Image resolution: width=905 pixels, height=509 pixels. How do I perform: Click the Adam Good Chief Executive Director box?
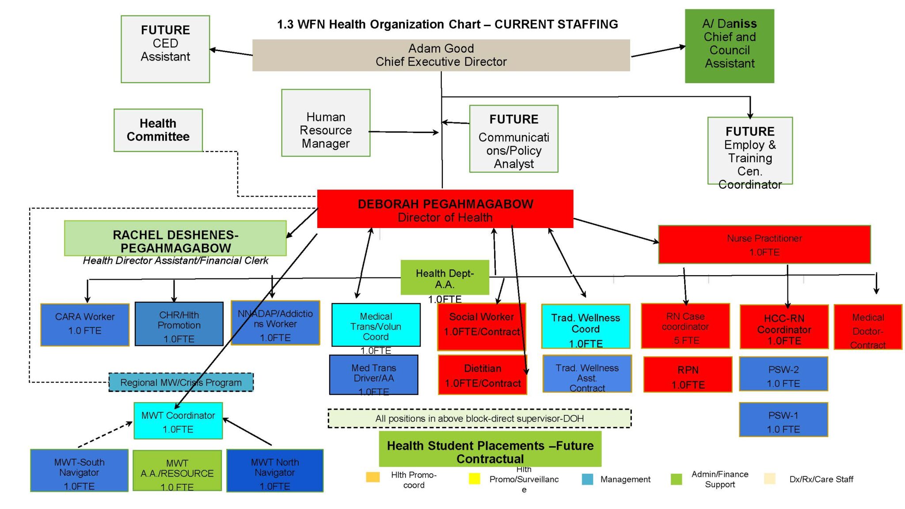click(x=441, y=55)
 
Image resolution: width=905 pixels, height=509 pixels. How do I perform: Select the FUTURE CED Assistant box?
click(x=165, y=49)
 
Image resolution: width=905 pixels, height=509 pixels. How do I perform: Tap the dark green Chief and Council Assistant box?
click(x=729, y=46)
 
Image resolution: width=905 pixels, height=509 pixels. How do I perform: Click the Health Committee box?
click(x=158, y=130)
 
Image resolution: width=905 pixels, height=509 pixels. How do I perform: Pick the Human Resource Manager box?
click(x=326, y=123)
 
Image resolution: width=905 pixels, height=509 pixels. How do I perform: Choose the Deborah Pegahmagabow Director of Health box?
click(x=445, y=209)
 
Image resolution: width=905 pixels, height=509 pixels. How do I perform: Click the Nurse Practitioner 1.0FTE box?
click(x=764, y=245)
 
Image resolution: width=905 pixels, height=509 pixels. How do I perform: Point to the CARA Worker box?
click(x=85, y=324)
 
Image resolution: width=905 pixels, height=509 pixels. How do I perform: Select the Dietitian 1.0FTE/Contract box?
click(x=482, y=375)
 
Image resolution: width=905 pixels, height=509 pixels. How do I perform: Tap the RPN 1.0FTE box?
click(x=688, y=375)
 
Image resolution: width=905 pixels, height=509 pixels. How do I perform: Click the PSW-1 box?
click(x=783, y=420)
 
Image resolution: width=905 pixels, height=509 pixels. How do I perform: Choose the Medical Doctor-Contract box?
click(x=867, y=327)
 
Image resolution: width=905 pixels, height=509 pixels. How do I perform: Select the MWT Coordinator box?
click(x=178, y=421)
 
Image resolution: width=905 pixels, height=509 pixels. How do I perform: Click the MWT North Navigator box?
click(x=275, y=471)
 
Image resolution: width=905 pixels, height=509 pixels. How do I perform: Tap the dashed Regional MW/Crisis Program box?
click(x=181, y=383)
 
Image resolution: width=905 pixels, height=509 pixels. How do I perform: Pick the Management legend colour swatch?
click(x=587, y=479)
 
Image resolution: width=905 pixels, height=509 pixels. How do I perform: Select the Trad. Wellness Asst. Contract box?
click(x=587, y=374)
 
